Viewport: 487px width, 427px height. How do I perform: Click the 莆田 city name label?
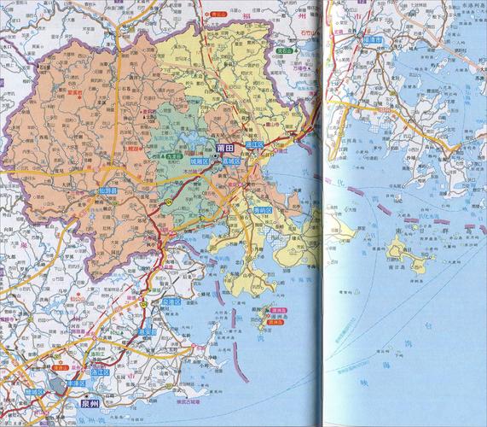tap(225, 148)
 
